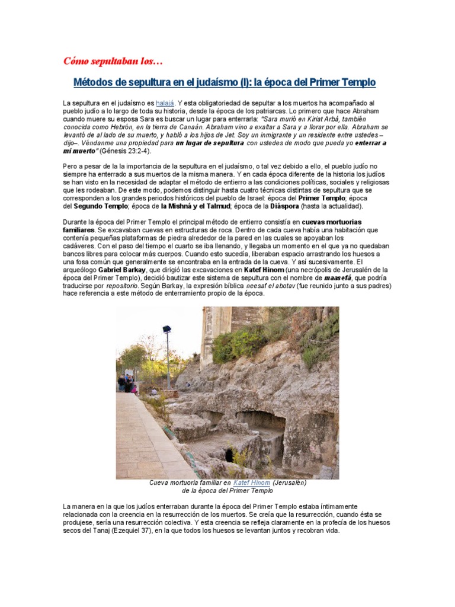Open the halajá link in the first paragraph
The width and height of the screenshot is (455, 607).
click(165, 103)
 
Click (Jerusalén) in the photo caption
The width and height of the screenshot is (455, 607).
click(290, 483)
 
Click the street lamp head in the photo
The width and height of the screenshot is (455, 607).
click(166, 330)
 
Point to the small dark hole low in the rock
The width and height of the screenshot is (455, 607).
click(229, 455)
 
